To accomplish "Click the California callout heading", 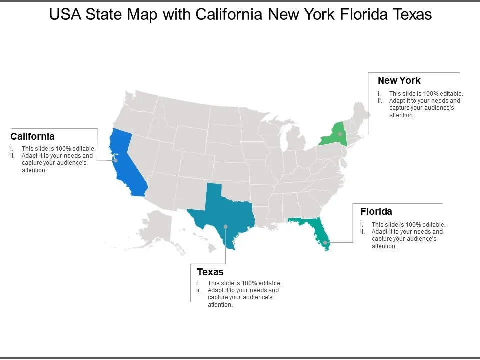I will coord(33,136).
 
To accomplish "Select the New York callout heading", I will coord(399,80).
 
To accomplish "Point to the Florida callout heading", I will coord(376,211).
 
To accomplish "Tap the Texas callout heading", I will coord(210,272).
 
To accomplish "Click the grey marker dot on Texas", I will coord(226,227).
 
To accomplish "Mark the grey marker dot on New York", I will coord(340,134).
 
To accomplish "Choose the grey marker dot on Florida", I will coord(325,243).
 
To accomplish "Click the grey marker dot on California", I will coord(115,160).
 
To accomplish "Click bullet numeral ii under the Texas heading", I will coord(198,290).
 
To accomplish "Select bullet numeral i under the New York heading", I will coord(379,94).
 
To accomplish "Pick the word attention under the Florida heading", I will coord(384,246).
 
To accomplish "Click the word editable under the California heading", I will coord(83,149).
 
